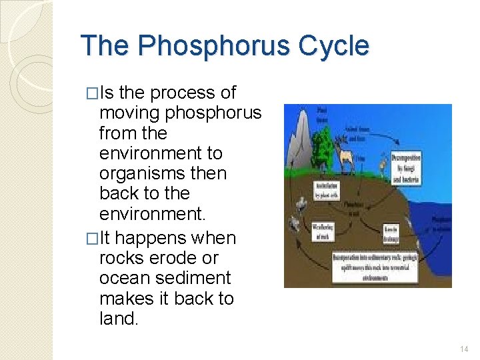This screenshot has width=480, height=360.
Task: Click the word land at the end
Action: [x=117, y=319]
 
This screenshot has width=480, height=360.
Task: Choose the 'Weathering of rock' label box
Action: [x=323, y=233]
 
